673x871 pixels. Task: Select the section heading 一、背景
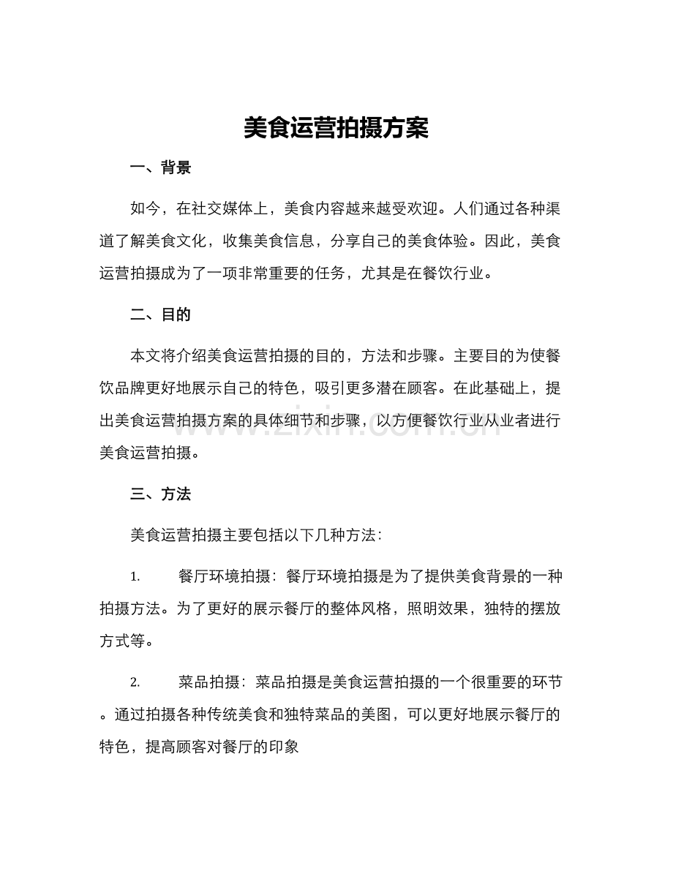coord(160,169)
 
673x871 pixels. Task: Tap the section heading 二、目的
coord(160,315)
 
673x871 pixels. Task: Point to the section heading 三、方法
coord(160,494)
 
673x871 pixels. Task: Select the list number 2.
coord(135,683)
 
